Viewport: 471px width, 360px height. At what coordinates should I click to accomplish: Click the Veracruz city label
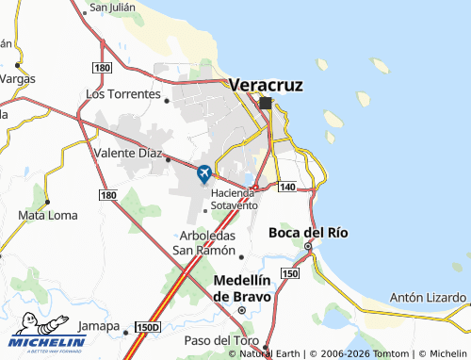tap(267, 84)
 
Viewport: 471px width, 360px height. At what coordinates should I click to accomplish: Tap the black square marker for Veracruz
tap(266, 103)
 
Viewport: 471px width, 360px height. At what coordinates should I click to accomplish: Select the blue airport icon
tap(204, 173)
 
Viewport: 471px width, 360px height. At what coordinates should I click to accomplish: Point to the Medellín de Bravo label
tap(242, 288)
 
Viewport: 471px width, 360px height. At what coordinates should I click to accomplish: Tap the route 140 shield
tap(287, 188)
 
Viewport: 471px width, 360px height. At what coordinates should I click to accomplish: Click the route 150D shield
tap(147, 326)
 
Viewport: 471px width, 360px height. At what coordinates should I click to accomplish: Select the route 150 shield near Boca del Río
tap(290, 273)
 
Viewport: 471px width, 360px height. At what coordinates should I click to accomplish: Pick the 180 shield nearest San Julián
tap(103, 68)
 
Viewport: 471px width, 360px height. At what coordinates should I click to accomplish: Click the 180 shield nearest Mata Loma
tap(108, 195)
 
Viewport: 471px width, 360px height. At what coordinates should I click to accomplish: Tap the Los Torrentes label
tap(122, 94)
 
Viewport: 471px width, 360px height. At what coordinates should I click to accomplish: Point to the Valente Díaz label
tap(129, 152)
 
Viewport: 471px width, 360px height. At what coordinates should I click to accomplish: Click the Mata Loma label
tap(47, 215)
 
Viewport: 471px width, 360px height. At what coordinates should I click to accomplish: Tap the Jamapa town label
tap(98, 326)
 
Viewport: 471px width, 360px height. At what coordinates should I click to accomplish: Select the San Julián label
tap(112, 7)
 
